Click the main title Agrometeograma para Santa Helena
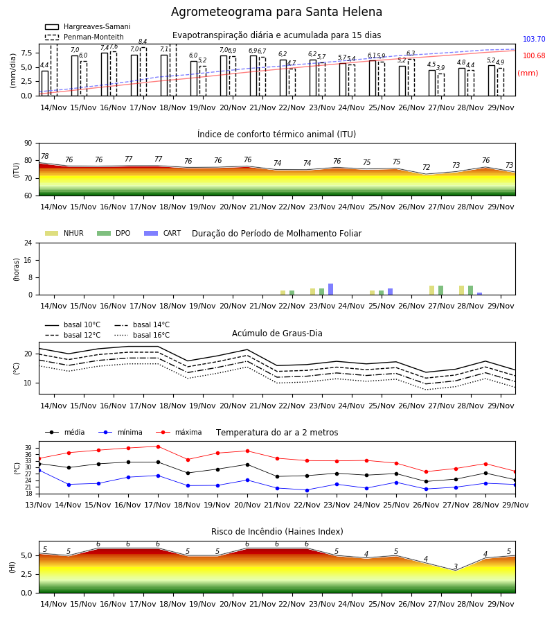(276, 12)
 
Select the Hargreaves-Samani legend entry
(87, 26)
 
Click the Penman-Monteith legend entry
(84, 37)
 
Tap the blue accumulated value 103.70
(534, 39)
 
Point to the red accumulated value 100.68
(534, 55)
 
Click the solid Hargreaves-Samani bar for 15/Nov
(75, 76)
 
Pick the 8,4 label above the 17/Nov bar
(143, 42)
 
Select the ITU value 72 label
(426, 167)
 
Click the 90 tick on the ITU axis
(28, 144)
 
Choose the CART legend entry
(163, 233)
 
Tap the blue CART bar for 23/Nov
(330, 289)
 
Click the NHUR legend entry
(64, 233)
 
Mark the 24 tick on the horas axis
(28, 243)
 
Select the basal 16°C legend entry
(142, 335)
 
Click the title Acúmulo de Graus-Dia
(277, 333)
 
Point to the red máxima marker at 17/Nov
(158, 447)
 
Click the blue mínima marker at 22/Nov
(307, 490)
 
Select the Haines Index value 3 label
(456, 566)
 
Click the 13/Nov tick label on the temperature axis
(38, 505)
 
